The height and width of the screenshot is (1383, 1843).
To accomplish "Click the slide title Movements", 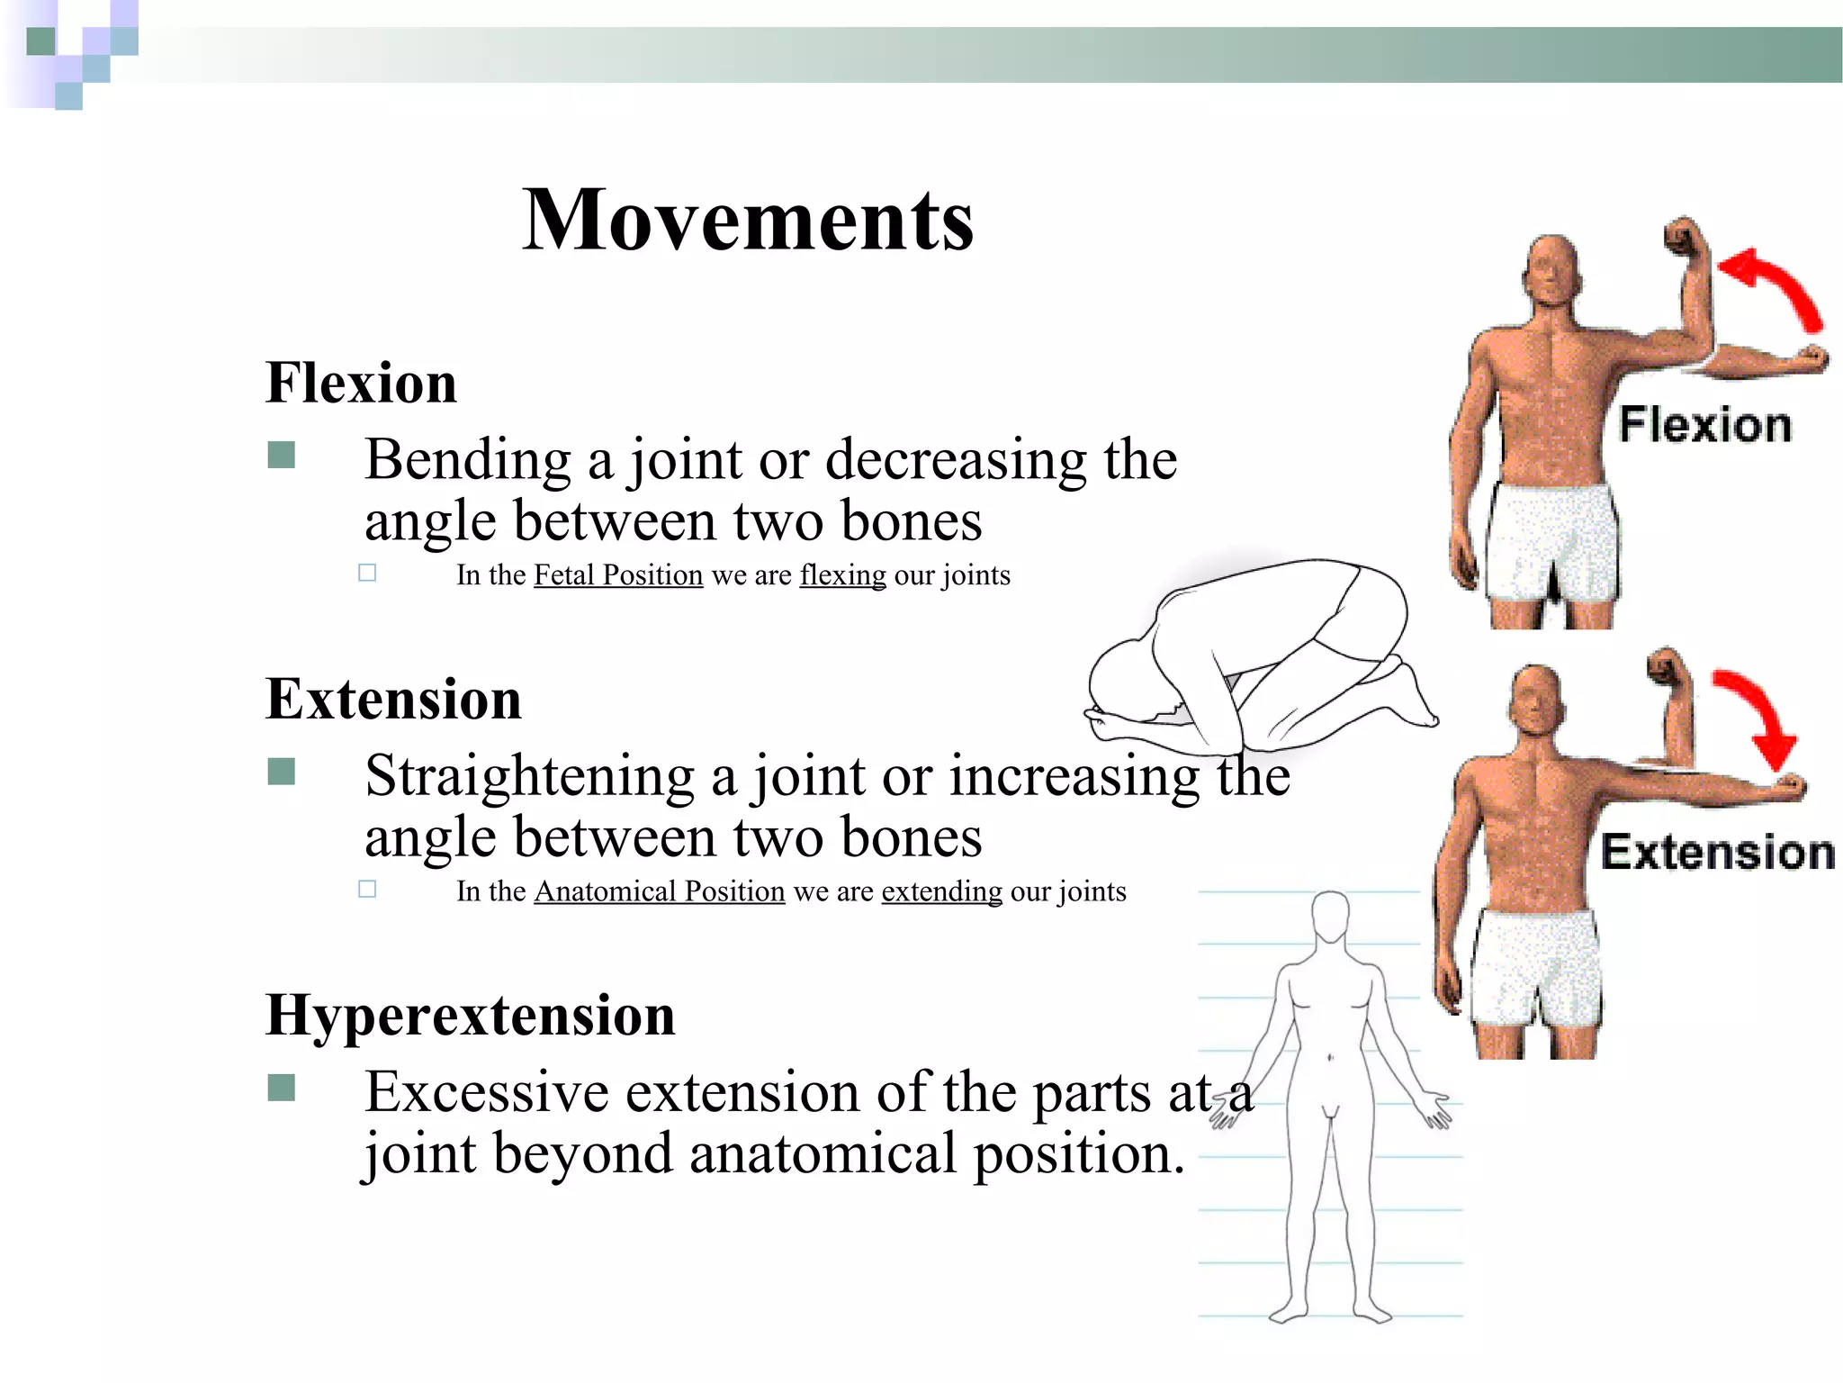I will [748, 221].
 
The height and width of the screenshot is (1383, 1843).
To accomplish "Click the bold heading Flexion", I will [361, 383].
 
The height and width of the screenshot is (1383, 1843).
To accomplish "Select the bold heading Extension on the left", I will [393, 699].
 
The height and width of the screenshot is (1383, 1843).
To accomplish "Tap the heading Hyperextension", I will [470, 1015].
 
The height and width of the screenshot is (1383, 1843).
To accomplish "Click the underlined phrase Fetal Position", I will [618, 575].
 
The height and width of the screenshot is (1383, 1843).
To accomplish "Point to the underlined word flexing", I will [842, 575].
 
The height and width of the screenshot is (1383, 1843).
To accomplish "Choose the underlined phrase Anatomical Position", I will [660, 891].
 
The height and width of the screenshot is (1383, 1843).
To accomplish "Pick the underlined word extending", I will [941, 891].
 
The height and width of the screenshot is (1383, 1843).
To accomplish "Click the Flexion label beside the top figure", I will [1705, 425].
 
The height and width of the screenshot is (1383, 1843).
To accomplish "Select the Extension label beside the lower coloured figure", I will [1717, 853].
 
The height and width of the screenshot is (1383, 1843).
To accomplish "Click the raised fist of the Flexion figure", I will [1685, 239].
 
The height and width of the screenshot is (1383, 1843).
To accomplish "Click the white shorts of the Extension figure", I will [1537, 969].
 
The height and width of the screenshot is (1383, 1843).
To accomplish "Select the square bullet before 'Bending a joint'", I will [282, 456].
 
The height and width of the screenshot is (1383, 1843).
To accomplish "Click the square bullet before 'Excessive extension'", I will [282, 1089].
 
